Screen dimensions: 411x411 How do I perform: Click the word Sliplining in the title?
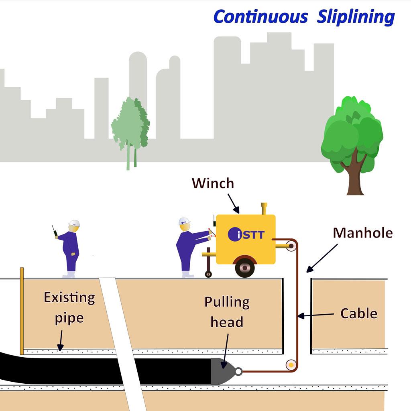point(356,17)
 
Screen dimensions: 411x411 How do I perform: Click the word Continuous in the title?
point(260,17)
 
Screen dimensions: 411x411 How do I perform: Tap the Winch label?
point(212,183)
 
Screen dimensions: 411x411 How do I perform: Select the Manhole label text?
point(363,232)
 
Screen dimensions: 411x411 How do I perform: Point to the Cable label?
point(358,313)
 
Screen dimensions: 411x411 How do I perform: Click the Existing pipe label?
point(69,308)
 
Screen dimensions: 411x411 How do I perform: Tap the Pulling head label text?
point(227,312)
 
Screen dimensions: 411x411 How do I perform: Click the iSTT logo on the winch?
point(246,234)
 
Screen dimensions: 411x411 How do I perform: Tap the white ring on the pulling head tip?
point(238,372)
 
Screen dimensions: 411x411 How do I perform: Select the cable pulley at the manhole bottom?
point(290,365)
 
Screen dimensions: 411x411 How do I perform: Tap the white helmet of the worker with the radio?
point(74,223)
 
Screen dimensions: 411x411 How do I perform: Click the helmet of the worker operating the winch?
point(184,221)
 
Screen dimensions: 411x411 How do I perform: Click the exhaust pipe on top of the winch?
point(264,209)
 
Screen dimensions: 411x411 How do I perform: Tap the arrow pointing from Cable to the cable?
point(317,315)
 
